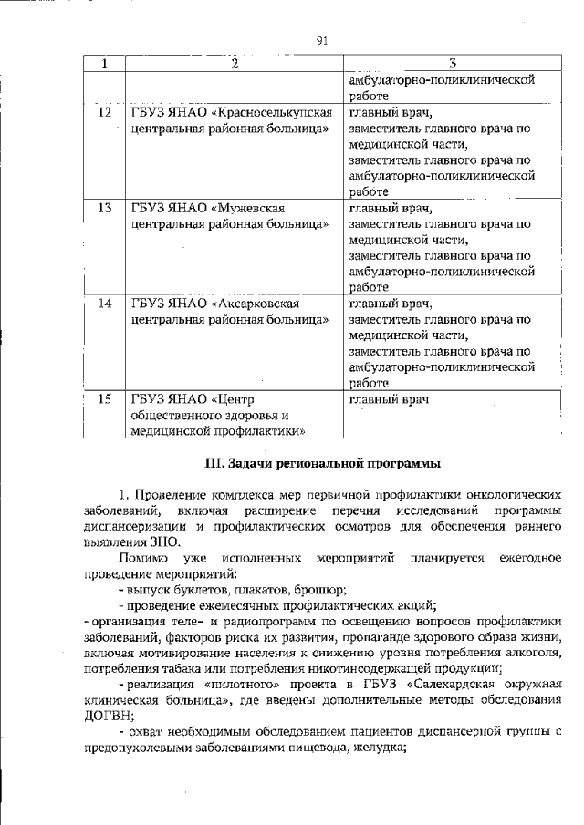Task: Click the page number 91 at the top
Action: click(321, 40)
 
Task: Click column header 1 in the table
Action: click(105, 64)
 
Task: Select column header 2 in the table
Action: click(234, 64)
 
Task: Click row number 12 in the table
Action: click(105, 112)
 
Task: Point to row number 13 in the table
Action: click(105, 208)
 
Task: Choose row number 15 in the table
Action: click(105, 399)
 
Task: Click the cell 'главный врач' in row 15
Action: click(389, 399)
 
